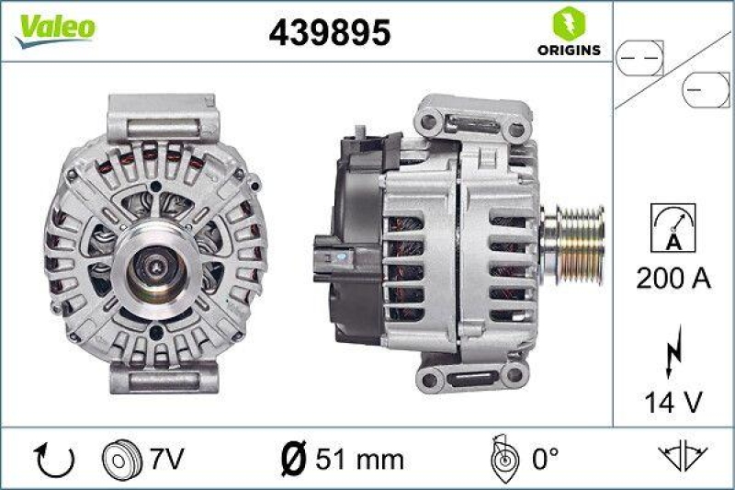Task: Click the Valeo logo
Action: (53, 27)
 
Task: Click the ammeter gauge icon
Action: (673, 228)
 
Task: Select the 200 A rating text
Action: (673, 279)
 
